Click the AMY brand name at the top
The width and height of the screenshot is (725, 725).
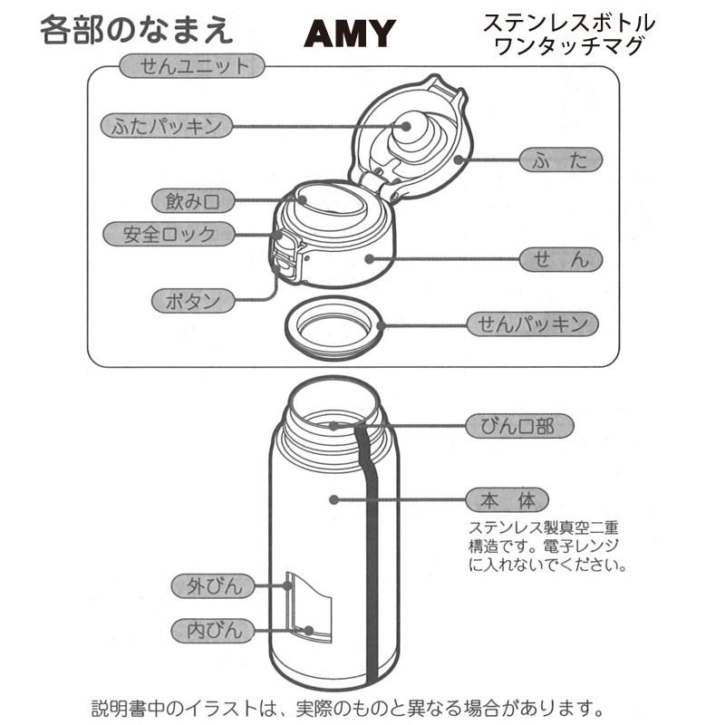350,34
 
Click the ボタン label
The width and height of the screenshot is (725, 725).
191,301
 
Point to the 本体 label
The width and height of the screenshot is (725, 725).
507,499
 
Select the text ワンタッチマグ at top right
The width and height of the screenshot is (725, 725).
569,46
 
